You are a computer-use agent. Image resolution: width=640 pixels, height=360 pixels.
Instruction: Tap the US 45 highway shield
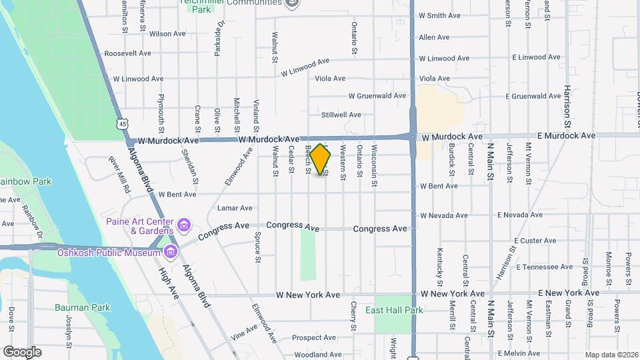[x=121, y=123]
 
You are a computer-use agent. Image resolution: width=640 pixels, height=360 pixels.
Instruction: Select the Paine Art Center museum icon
[x=184, y=223]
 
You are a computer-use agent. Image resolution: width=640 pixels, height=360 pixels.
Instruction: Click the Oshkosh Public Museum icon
[x=171, y=252]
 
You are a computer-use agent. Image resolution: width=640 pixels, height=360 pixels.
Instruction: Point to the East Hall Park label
[x=394, y=311]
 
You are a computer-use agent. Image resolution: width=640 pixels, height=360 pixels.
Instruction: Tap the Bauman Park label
[x=82, y=307]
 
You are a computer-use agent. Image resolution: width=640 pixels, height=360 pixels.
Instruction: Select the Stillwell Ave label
[x=341, y=115]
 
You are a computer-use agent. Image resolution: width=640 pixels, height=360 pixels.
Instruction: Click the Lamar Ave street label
[x=235, y=208]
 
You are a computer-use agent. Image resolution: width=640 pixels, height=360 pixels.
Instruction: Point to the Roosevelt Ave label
[x=128, y=53]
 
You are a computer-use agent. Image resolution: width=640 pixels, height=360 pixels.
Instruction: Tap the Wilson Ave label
[x=167, y=33]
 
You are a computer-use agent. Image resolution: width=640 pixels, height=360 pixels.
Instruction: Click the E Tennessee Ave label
[x=545, y=267]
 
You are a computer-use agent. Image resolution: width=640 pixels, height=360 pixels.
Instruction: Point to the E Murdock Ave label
[x=566, y=135]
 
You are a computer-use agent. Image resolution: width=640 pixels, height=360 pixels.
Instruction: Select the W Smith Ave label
[x=439, y=15]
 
